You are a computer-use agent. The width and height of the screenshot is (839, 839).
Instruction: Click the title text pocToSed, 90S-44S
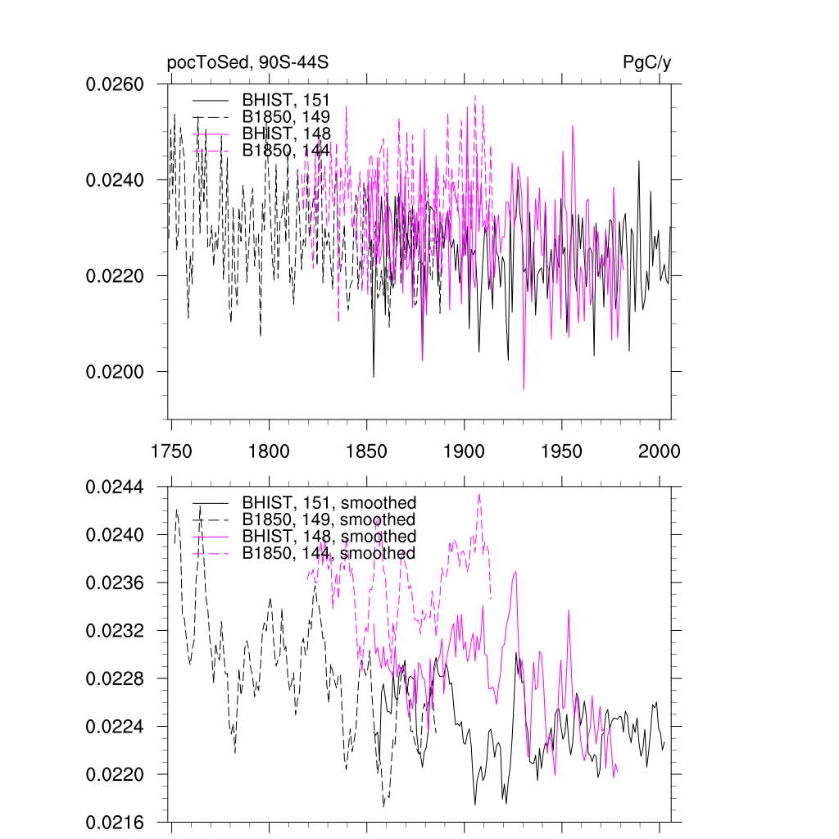248,63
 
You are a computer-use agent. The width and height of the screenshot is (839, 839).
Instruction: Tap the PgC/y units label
646,63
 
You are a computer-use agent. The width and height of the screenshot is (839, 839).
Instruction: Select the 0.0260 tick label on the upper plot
116,84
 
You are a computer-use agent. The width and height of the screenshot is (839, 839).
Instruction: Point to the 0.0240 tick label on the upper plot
116,180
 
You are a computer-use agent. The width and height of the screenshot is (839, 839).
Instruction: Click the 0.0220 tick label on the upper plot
116,276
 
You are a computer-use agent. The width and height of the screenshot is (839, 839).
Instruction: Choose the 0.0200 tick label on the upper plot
116,372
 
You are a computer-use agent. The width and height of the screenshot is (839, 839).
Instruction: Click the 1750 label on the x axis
171,451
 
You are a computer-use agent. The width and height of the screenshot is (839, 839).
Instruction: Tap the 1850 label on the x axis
366,451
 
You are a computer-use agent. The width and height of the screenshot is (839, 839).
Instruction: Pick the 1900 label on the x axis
464,451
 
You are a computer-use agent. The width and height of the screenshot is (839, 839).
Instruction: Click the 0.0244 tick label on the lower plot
116,488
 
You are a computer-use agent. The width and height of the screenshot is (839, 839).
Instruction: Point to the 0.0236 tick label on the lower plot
116,583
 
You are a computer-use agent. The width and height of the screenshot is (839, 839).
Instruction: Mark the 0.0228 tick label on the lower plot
116,679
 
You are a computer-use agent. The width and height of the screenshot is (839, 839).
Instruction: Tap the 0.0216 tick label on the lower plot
116,823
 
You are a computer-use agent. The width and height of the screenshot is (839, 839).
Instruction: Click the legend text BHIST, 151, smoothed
329,503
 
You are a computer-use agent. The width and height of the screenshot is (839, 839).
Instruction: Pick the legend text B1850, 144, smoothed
329,553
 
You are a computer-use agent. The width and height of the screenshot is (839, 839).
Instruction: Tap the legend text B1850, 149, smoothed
329,520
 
